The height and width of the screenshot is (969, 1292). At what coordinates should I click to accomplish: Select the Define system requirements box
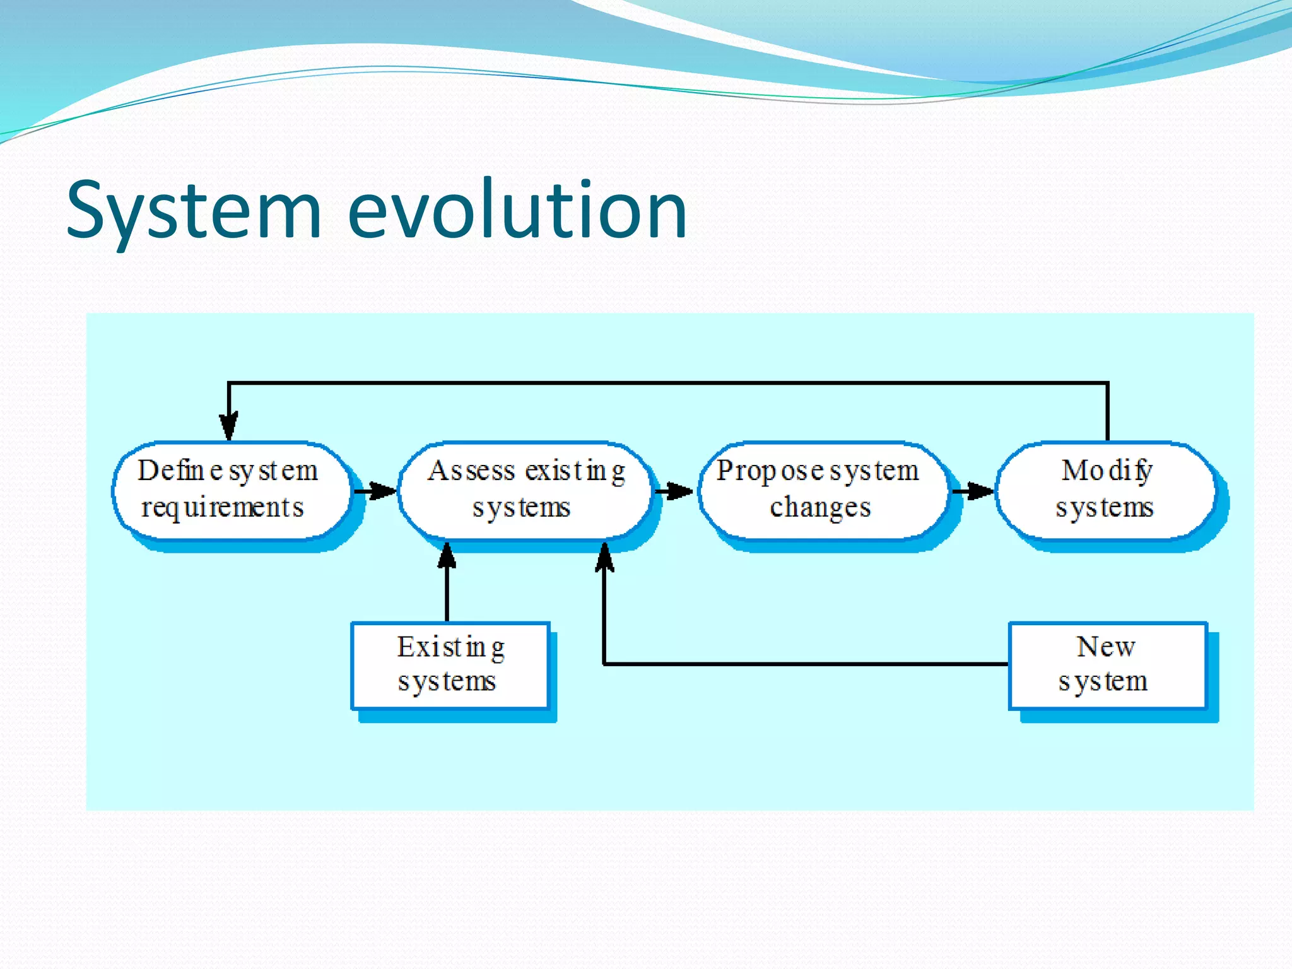pyautogui.click(x=231, y=490)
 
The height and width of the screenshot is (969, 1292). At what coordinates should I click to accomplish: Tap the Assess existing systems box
pyautogui.click(x=525, y=490)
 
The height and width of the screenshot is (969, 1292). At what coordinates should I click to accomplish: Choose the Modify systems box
pyautogui.click(x=1106, y=490)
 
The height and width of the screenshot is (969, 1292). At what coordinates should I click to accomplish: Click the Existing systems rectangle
pyautogui.click(x=450, y=665)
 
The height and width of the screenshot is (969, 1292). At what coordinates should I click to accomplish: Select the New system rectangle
pyautogui.click(x=1107, y=665)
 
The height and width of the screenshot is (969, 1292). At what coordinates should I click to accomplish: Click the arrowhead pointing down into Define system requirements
pyautogui.click(x=229, y=426)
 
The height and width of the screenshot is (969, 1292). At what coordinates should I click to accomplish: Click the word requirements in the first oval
pyautogui.click(x=222, y=508)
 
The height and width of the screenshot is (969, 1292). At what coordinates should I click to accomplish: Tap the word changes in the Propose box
pyautogui.click(x=820, y=508)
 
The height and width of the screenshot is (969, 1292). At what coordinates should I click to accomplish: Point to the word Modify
pyautogui.click(x=1107, y=471)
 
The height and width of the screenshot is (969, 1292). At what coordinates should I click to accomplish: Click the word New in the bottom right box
pyautogui.click(x=1106, y=647)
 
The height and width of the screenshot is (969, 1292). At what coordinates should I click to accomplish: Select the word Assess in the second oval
pyautogui.click(x=472, y=471)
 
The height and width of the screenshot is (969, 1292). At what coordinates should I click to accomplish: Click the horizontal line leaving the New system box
pyautogui.click(x=807, y=664)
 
